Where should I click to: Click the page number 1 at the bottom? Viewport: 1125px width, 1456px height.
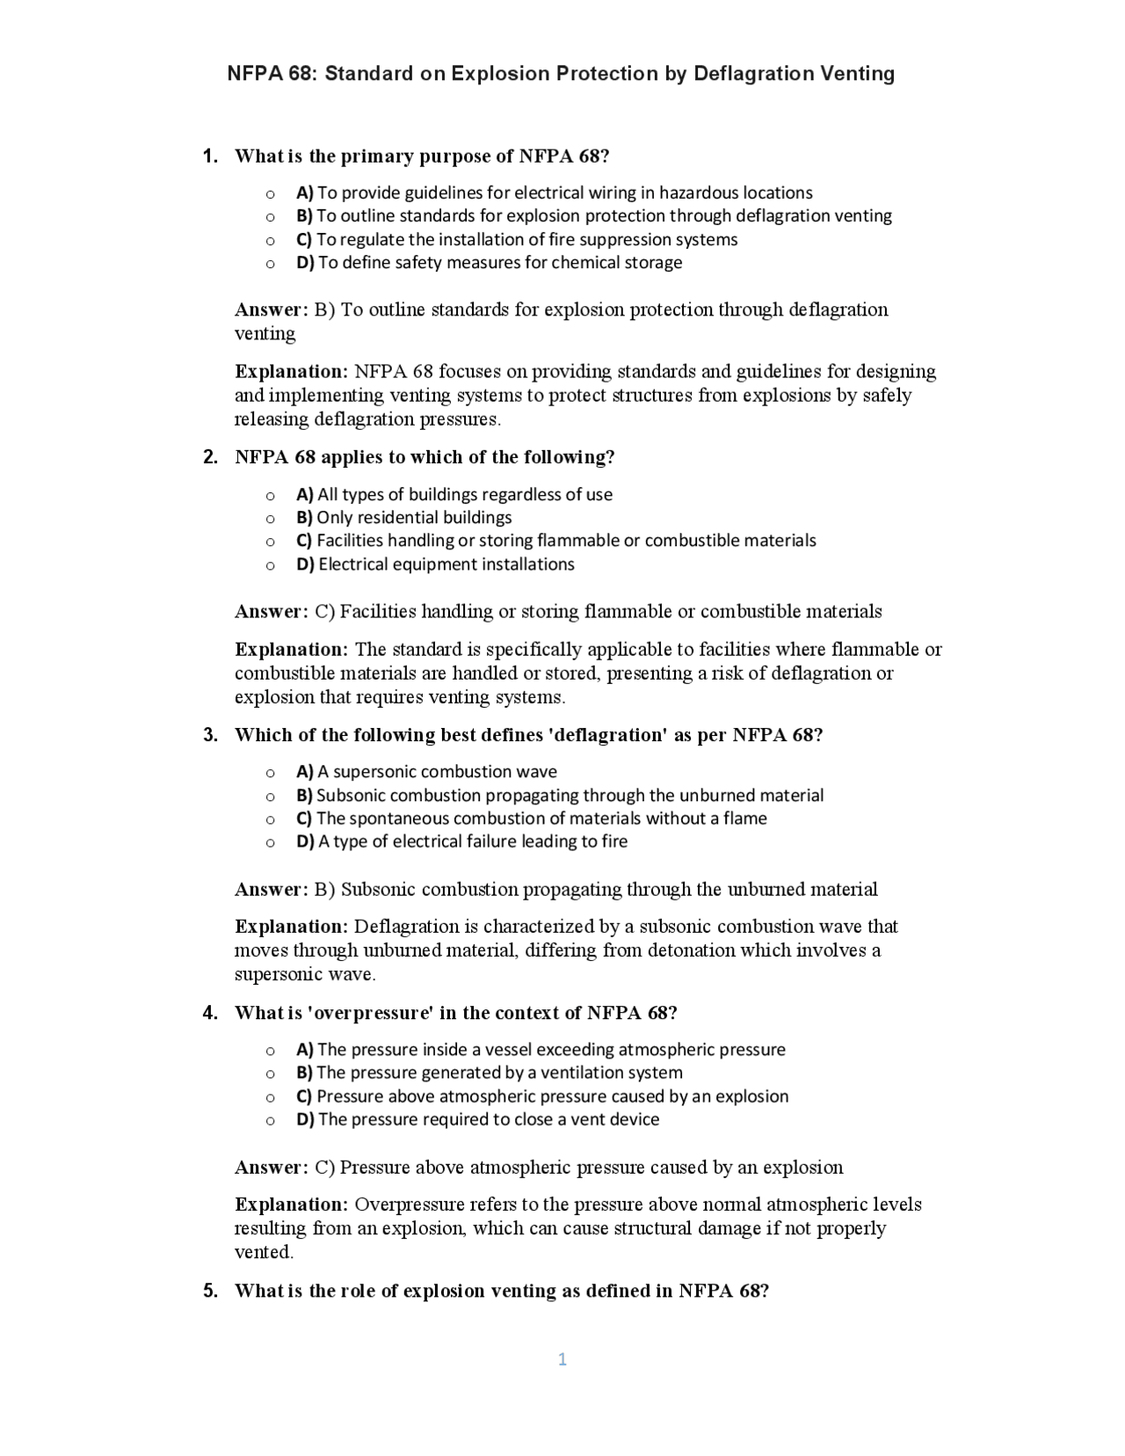tap(562, 1359)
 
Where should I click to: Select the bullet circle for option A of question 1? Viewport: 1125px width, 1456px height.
tap(270, 193)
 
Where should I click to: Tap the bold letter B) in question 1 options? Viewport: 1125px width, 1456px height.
tap(305, 216)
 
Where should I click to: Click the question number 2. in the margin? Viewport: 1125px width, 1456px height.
tap(210, 457)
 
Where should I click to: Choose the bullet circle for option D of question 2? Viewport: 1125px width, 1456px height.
tap(270, 565)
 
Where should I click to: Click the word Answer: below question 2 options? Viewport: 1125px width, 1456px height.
tap(272, 612)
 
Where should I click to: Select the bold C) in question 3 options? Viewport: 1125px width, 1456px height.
tap(304, 819)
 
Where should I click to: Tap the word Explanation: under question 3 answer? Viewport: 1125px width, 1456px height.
tap(292, 927)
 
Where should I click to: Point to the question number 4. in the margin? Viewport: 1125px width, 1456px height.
tap(210, 1013)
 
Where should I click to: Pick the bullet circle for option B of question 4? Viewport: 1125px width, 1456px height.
tap(270, 1074)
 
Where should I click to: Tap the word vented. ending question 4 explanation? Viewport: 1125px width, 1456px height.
tap(264, 1252)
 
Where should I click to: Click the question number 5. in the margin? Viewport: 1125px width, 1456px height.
tap(210, 1291)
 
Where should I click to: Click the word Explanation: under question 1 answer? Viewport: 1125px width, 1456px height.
tap(292, 372)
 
